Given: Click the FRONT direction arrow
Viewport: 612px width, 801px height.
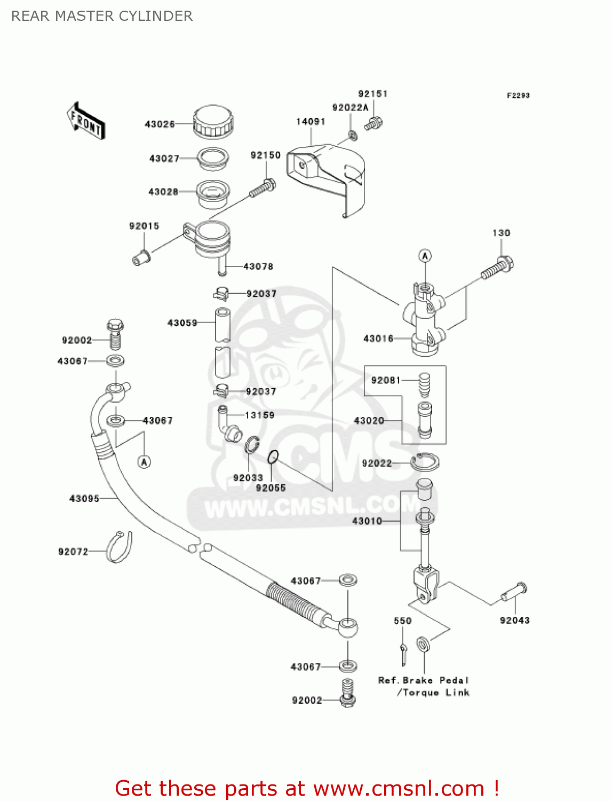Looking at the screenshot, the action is coord(86,121).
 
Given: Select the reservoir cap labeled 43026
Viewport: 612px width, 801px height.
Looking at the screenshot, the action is coord(213,122).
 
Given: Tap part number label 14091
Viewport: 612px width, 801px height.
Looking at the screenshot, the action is coord(311,122).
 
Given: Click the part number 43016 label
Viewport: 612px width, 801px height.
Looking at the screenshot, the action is coord(378,339).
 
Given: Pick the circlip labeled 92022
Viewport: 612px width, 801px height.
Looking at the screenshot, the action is coord(425,462).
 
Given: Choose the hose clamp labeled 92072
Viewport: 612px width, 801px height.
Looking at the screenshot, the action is coord(119,547).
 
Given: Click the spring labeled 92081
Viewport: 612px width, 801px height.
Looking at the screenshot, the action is coord(424,385).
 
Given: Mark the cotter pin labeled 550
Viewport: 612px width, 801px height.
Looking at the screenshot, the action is coord(403,655).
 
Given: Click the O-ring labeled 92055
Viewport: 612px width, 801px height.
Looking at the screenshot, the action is coord(273,457).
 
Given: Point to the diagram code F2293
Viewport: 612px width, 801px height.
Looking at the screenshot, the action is coord(518,96).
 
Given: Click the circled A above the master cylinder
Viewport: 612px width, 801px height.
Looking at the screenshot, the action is coord(425,256).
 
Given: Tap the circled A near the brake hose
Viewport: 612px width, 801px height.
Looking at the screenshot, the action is coord(145,462).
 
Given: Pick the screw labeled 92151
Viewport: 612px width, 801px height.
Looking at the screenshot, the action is coord(373,123).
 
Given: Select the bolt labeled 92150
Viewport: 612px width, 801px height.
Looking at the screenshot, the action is coord(263,187).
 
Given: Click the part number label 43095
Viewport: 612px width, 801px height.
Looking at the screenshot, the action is coord(84,498).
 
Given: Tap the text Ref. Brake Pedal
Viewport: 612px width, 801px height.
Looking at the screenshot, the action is coord(424,680).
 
